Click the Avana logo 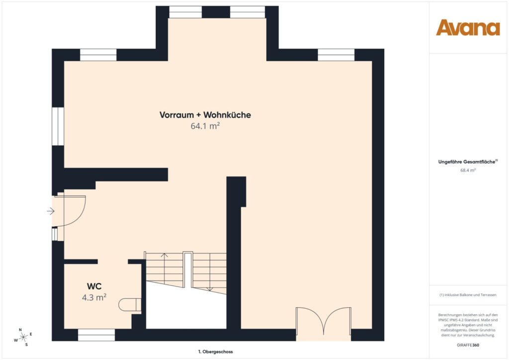click(468, 27)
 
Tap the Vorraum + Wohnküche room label click(205, 115)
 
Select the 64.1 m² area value click(205, 126)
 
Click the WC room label click(94, 286)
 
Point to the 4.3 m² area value click(94, 297)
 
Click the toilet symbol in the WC click(131, 304)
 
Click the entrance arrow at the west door click(51, 211)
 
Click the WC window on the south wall click(96, 338)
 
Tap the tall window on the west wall click(58, 126)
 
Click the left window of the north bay click(185, 12)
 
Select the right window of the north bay click(248, 12)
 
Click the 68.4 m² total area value click(468, 170)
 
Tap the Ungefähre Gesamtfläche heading click(468, 162)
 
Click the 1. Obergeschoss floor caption click(215, 351)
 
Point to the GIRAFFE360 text click(468, 345)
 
